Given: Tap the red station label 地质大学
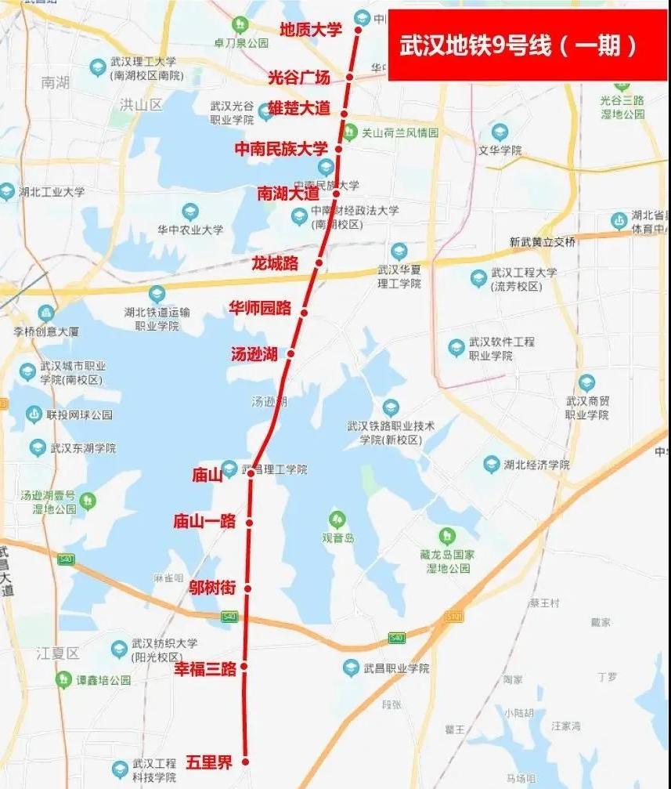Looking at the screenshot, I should coord(311,30).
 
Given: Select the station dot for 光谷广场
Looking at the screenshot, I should coord(351,77).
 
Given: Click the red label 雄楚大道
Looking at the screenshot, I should coord(299,108).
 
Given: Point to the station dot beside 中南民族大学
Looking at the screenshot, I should coord(339,148).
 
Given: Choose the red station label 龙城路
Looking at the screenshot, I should coord(275,262).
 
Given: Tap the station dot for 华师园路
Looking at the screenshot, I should coord(304,313).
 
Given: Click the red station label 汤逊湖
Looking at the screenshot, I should coord(254,354).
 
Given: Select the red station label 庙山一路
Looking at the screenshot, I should coord(204,521).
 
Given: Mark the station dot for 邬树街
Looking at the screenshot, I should coord(248,588).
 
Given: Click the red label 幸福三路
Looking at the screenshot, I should coord(204,668).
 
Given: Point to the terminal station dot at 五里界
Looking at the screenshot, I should coord(245,761).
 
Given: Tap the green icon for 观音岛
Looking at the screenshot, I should coord(337,519).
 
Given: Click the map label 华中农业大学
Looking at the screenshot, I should coord(190,230).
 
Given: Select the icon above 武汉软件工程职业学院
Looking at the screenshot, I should coord(456,347).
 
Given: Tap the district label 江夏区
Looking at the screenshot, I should coord(58,653).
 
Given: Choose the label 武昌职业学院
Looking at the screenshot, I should coord(396,668).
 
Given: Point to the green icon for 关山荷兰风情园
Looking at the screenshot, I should coord(350,133).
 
